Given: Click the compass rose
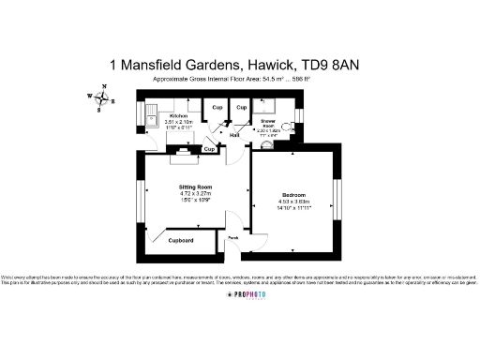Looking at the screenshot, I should [x=101, y=97].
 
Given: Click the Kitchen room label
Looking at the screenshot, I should [x=179, y=115].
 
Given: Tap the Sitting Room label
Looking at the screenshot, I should [x=196, y=187].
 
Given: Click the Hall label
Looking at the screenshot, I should [x=234, y=136].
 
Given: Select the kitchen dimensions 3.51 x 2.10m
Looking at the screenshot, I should [x=179, y=122].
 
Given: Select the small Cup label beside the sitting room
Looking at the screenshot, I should [x=210, y=149].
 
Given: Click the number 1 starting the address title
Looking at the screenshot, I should [x=113, y=65].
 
